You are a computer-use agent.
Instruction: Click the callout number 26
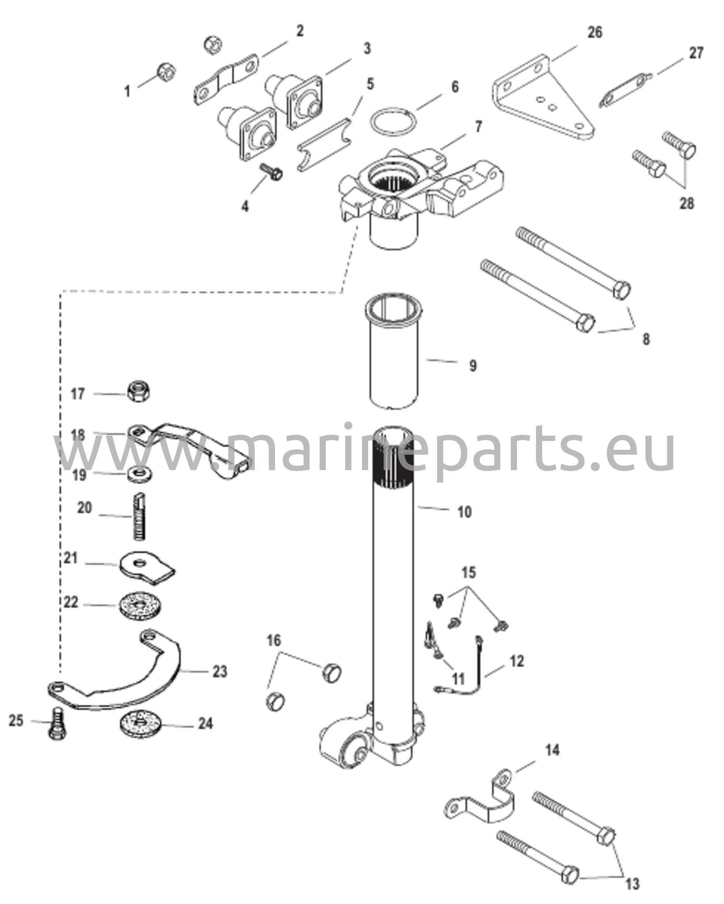(x=595, y=33)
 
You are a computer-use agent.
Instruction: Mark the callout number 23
(x=220, y=671)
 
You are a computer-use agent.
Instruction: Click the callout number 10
(x=464, y=512)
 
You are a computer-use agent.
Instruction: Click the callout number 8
(x=645, y=339)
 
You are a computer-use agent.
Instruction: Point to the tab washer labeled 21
(x=147, y=567)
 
